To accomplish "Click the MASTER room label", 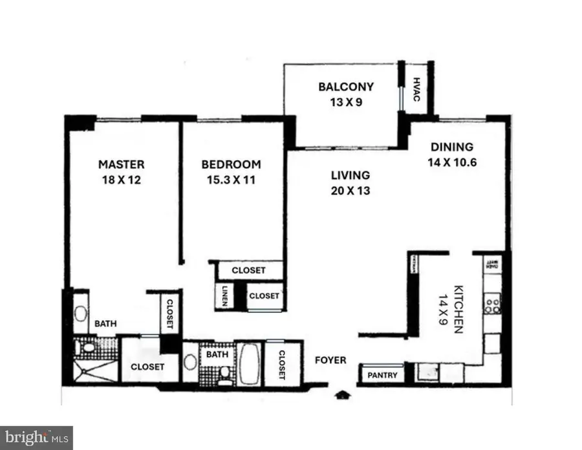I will (121, 164).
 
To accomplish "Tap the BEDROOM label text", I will (231, 164).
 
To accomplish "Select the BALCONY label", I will (346, 87).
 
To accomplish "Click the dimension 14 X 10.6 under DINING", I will (452, 163).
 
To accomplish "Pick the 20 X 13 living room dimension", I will (350, 191).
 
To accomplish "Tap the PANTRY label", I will (382, 375).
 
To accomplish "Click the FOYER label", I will (330, 360).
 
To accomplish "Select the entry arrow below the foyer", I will (342, 394).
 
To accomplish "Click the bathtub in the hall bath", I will (249, 364).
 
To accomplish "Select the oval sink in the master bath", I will (81, 315).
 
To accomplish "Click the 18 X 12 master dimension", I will (121, 180).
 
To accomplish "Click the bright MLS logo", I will (36, 438).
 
